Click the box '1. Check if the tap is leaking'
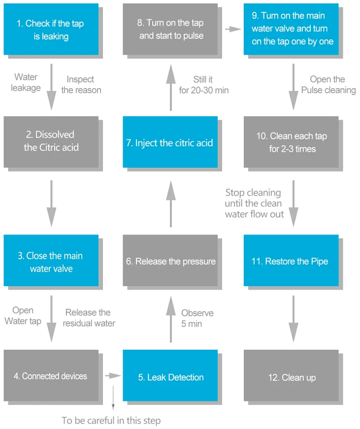(x=51, y=29)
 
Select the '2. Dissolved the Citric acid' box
(x=51, y=142)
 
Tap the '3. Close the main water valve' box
(x=51, y=261)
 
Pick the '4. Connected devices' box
(x=51, y=375)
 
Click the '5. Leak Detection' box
(x=170, y=375)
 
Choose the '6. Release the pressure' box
(x=170, y=261)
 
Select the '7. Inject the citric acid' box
(x=170, y=142)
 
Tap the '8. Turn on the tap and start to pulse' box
(x=170, y=29)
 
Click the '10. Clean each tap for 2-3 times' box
(x=291, y=142)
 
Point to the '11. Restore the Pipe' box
(x=291, y=261)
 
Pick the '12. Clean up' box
(x=291, y=375)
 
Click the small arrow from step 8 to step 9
(x=233, y=29)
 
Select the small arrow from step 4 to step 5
(x=113, y=376)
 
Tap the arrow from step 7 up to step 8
(x=171, y=88)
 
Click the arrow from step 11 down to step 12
(x=294, y=319)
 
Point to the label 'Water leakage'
(x=26, y=82)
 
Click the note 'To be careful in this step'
(x=111, y=421)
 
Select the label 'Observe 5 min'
(x=197, y=318)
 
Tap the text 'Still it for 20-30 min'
(x=204, y=85)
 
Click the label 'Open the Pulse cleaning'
(x=328, y=85)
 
